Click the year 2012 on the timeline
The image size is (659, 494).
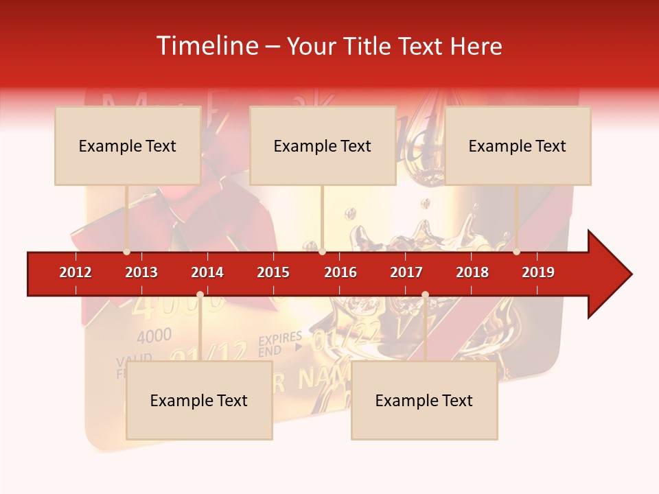[76, 272]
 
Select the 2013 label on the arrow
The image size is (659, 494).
[141, 272]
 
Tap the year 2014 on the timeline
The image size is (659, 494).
[207, 272]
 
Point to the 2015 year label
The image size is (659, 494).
[273, 272]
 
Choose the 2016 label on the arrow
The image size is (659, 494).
[340, 272]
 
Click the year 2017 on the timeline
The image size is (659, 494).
[406, 272]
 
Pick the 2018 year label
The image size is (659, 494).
[472, 272]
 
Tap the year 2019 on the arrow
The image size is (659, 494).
[538, 272]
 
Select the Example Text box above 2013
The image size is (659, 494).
[128, 145]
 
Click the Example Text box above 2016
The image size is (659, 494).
[323, 145]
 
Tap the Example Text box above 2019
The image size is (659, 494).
[518, 145]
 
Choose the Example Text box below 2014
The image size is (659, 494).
[199, 400]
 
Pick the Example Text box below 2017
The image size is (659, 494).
[424, 400]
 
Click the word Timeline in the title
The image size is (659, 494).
[206, 46]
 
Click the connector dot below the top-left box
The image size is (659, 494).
[126, 252]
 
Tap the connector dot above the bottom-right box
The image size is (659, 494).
[425, 295]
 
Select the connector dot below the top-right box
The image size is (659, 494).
[516, 252]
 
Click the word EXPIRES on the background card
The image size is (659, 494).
[280, 338]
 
